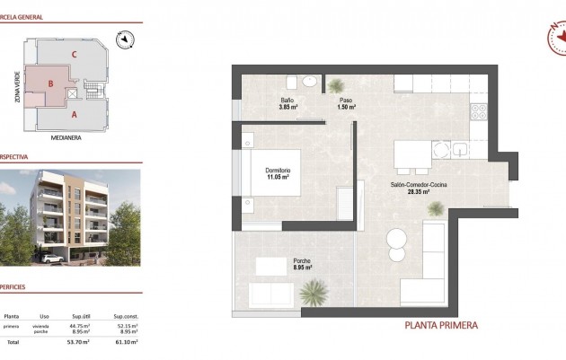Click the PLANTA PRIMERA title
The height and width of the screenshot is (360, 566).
(x=441, y=325)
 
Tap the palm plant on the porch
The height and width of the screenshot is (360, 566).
(x=314, y=292)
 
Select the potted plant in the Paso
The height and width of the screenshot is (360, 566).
(x=336, y=85)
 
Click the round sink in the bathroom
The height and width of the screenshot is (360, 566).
(x=310, y=82)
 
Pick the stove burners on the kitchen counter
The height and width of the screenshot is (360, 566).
(x=477, y=111)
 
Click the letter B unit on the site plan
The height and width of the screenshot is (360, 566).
(x=51, y=85)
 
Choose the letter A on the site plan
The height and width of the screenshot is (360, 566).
(x=74, y=115)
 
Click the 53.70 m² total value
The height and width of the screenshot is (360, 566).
(x=79, y=342)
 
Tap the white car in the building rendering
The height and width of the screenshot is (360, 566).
(x=52, y=259)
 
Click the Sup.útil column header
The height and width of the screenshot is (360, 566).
(x=79, y=316)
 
